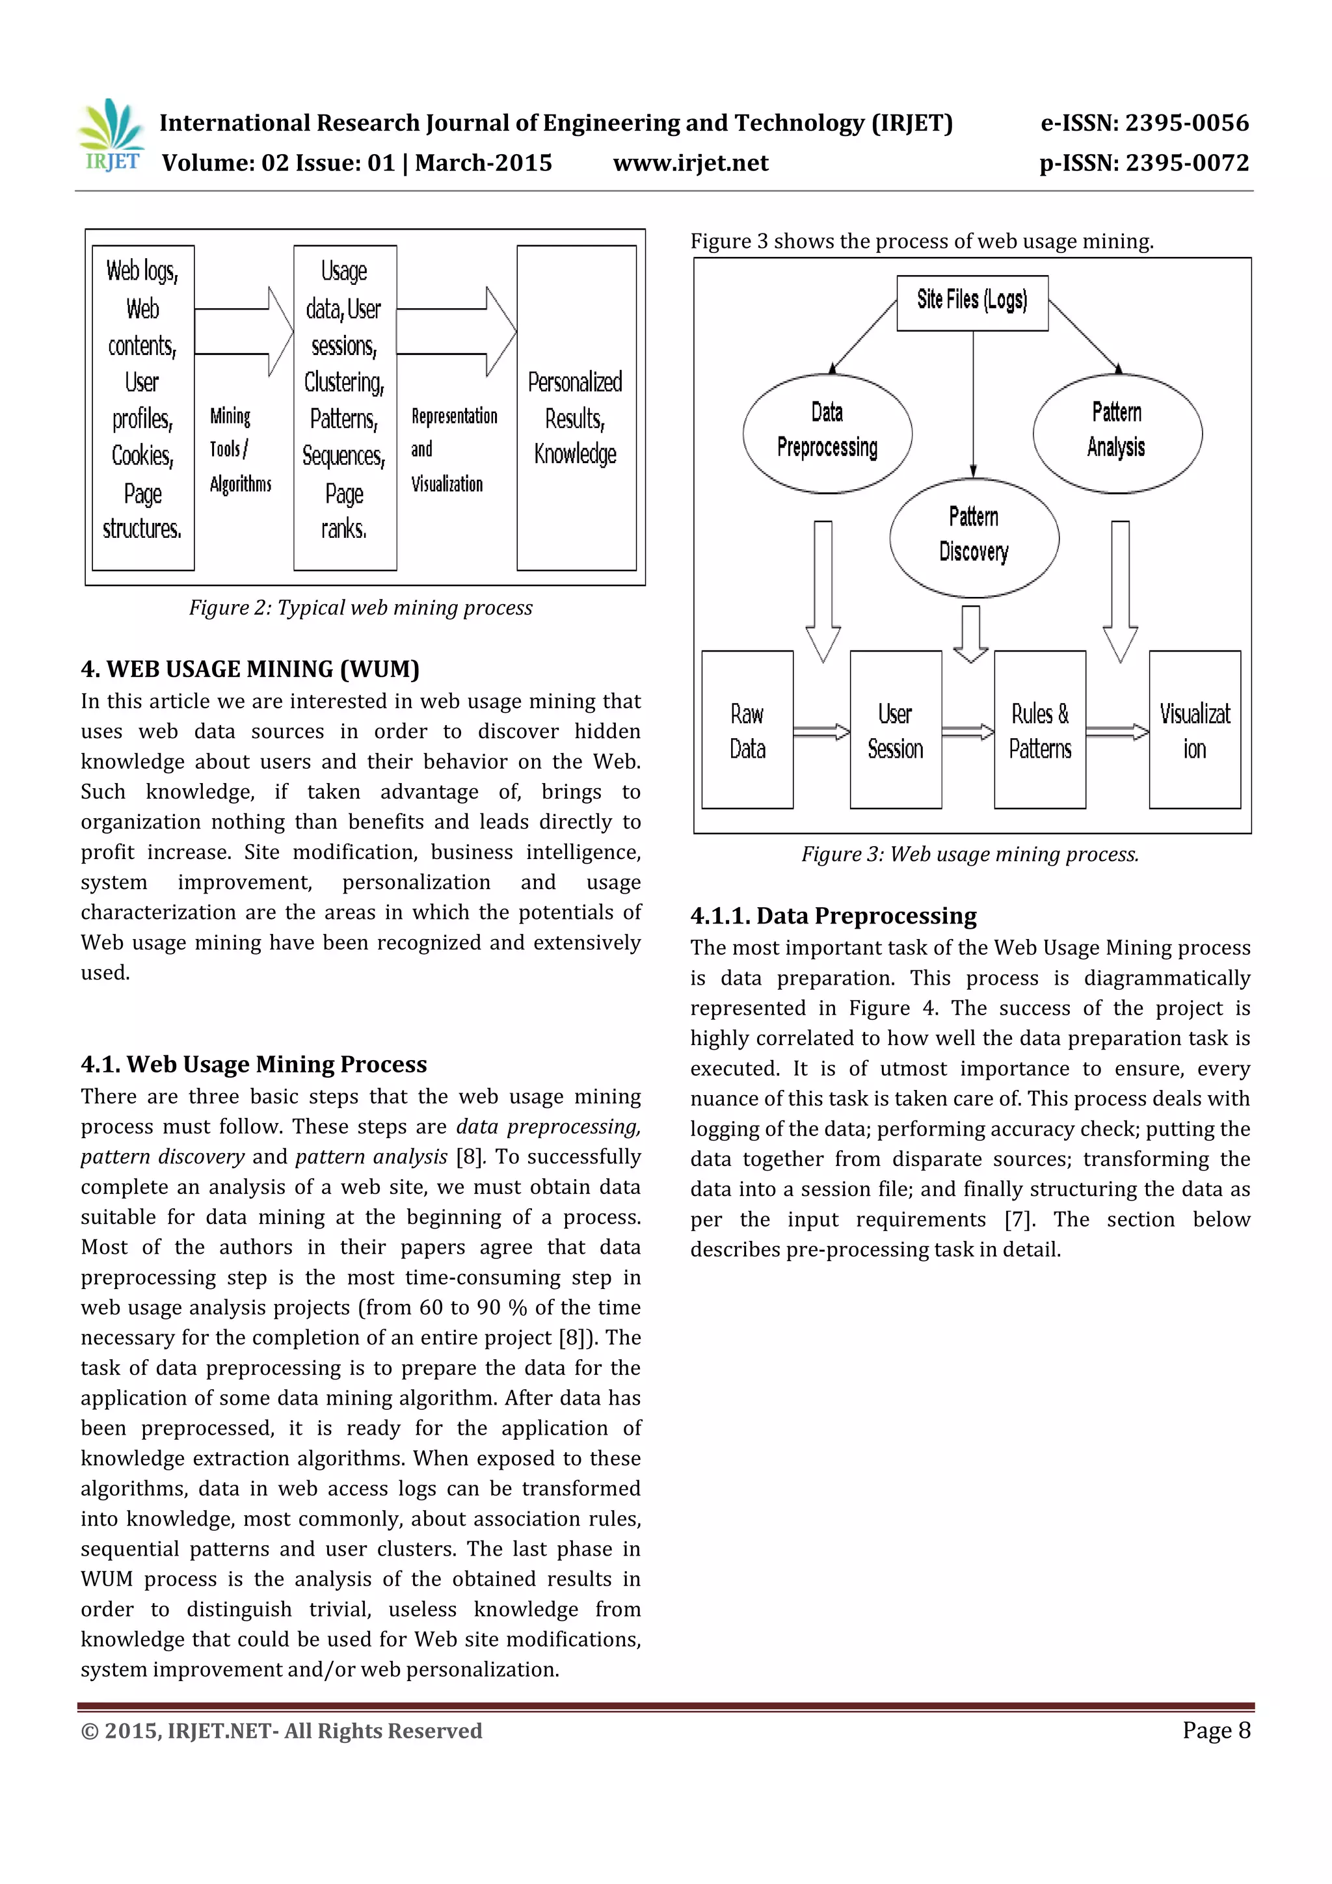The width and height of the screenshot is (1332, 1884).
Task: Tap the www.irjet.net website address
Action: pyautogui.click(x=690, y=163)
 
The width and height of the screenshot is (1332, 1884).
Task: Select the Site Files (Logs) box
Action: pyautogui.click(x=972, y=302)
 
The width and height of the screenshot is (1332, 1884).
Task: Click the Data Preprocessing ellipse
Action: pyautogui.click(x=827, y=432)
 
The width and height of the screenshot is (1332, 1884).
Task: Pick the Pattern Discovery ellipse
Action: pyautogui.click(x=974, y=537)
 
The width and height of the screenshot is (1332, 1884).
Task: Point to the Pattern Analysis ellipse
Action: pyautogui.click(x=1116, y=432)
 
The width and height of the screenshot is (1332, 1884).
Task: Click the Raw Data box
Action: pyautogui.click(x=747, y=730)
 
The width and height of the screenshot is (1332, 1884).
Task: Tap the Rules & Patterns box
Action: pyautogui.click(x=1039, y=730)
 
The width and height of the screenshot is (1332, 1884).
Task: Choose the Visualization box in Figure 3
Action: pyautogui.click(x=1194, y=730)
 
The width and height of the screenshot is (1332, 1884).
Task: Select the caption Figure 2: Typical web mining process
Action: pyautogui.click(x=360, y=608)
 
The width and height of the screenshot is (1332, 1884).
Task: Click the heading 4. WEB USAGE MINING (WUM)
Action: pyautogui.click(x=250, y=670)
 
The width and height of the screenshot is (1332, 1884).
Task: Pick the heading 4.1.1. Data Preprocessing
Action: pyautogui.click(x=833, y=916)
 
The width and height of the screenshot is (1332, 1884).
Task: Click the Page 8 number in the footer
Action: pyautogui.click(x=1216, y=1730)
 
